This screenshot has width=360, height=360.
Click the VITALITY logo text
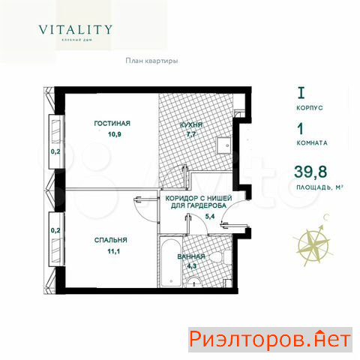pos(75,30)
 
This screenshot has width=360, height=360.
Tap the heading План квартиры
pos(151,61)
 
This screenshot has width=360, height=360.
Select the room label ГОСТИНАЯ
pos(112,124)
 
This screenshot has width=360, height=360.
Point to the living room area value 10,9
pos(115,134)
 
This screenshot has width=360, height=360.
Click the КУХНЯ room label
pos(191,125)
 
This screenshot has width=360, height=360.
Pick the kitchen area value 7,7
pos(190,134)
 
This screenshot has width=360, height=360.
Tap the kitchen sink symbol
pos(225,145)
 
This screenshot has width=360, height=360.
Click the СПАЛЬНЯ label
pos(111,240)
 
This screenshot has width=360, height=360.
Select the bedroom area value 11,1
pos(114,251)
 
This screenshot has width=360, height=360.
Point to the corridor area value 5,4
pos(210,217)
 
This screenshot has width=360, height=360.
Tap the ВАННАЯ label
pos(191,256)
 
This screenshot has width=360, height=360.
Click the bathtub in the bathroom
pos(170,262)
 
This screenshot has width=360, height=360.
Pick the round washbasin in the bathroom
pos(194,282)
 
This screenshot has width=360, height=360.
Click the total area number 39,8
pos(310,172)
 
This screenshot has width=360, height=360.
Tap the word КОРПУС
pos(310,108)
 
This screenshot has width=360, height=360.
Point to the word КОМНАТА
pos(312,143)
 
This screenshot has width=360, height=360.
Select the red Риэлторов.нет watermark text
pos(270,340)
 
